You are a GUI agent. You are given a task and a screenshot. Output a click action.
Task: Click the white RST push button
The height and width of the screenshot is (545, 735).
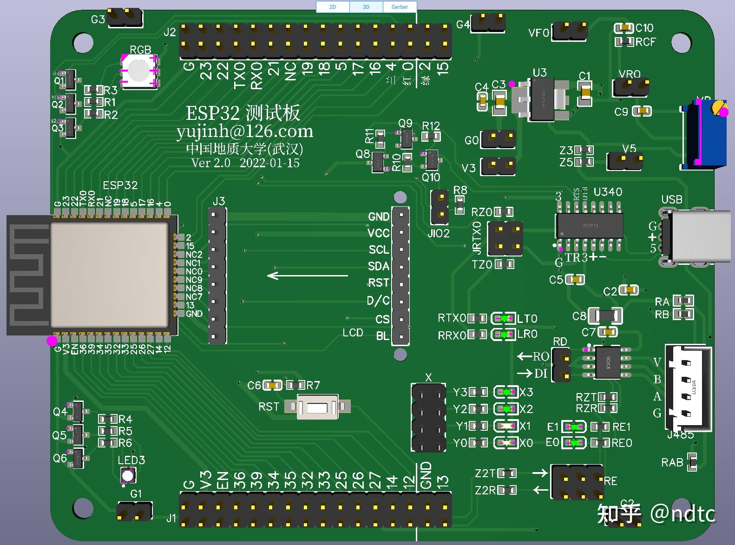[x=317, y=407]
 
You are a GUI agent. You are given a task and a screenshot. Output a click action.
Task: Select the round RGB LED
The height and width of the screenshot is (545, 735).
[x=138, y=70]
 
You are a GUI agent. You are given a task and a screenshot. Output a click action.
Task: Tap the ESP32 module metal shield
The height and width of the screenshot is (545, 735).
[x=109, y=274]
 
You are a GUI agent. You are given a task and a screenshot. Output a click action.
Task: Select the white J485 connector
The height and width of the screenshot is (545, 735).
[x=689, y=387]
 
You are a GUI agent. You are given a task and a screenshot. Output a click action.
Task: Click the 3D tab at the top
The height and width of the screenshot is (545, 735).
[x=366, y=7]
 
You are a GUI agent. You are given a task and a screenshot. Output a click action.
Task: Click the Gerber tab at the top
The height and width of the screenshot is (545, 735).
[x=400, y=7]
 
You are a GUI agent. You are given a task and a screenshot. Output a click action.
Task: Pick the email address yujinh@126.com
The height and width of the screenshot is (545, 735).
[x=245, y=131]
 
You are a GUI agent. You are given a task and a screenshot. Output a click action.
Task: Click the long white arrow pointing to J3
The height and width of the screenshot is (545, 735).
[x=308, y=276]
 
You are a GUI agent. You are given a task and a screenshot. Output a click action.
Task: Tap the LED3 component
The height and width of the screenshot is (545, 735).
[x=127, y=475]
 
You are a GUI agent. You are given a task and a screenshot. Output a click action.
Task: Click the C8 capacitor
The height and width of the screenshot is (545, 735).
[x=605, y=316]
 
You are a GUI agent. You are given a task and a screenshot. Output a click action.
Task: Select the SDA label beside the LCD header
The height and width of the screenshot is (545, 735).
[x=379, y=266]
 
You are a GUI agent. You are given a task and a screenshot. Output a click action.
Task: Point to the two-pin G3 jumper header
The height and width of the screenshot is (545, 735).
[x=125, y=18]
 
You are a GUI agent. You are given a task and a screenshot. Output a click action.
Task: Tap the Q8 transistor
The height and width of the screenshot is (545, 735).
[x=380, y=161]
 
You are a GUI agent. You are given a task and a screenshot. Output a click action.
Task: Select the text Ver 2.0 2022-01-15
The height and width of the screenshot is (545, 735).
[x=245, y=163]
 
